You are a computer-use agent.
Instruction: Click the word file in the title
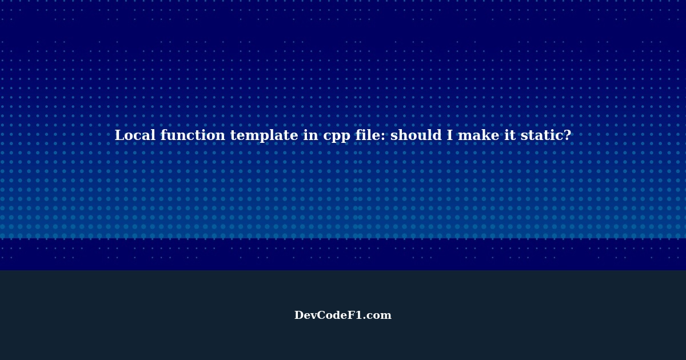coord(364,135)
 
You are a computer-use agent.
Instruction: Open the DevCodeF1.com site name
coord(343,315)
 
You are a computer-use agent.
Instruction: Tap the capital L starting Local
coord(119,135)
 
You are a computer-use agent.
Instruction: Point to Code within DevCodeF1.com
coord(333,315)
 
